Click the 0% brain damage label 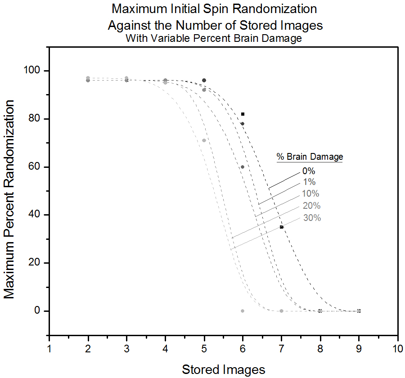pyautogui.click(x=309, y=171)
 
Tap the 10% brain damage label pyautogui.click(x=310, y=194)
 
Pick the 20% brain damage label pyautogui.click(x=311, y=206)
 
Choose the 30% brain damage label pyautogui.click(x=312, y=218)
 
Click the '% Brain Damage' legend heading pyautogui.click(x=310, y=157)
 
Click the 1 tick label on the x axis pyautogui.click(x=49, y=349)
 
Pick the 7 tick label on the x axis pyautogui.click(x=281, y=349)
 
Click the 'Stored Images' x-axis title pyautogui.click(x=224, y=369)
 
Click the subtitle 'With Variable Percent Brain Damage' pyautogui.click(x=214, y=39)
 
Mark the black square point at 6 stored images pyautogui.click(x=243, y=114)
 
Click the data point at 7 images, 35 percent pyautogui.click(x=282, y=227)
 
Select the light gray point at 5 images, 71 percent pyautogui.click(x=204, y=140)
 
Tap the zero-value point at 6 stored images pyautogui.click(x=243, y=311)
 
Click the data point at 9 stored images pyautogui.click(x=359, y=311)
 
